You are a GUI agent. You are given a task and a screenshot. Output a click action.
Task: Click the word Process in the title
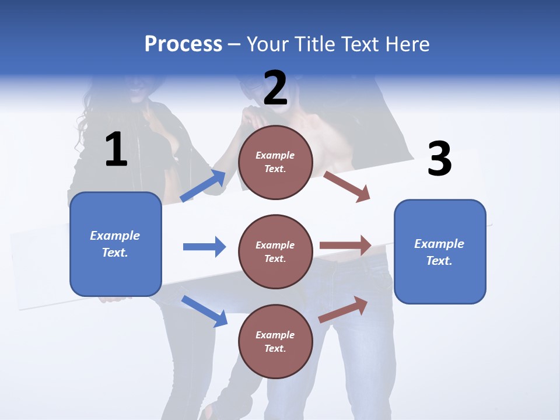click(183, 44)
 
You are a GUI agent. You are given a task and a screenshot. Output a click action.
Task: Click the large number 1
click(116, 150)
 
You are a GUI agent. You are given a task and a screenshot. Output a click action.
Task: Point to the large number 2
click(275, 88)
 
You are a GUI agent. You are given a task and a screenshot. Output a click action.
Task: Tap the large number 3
click(439, 159)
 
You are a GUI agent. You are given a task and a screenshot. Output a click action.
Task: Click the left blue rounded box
click(116, 244)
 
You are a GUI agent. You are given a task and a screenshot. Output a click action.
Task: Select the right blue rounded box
click(440, 251)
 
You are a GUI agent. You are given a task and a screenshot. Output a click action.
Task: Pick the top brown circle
click(275, 162)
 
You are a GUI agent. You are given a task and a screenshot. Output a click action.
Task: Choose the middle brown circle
click(275, 251)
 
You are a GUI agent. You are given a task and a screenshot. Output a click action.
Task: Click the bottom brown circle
click(275, 341)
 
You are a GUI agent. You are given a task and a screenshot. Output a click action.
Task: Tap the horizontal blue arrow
click(204, 247)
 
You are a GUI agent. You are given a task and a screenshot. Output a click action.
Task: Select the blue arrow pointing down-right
click(204, 311)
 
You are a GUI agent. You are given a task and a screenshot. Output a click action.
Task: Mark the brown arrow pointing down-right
click(347, 187)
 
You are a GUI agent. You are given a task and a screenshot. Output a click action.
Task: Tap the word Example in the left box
click(115, 236)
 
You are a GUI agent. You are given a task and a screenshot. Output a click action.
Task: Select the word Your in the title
click(268, 44)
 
